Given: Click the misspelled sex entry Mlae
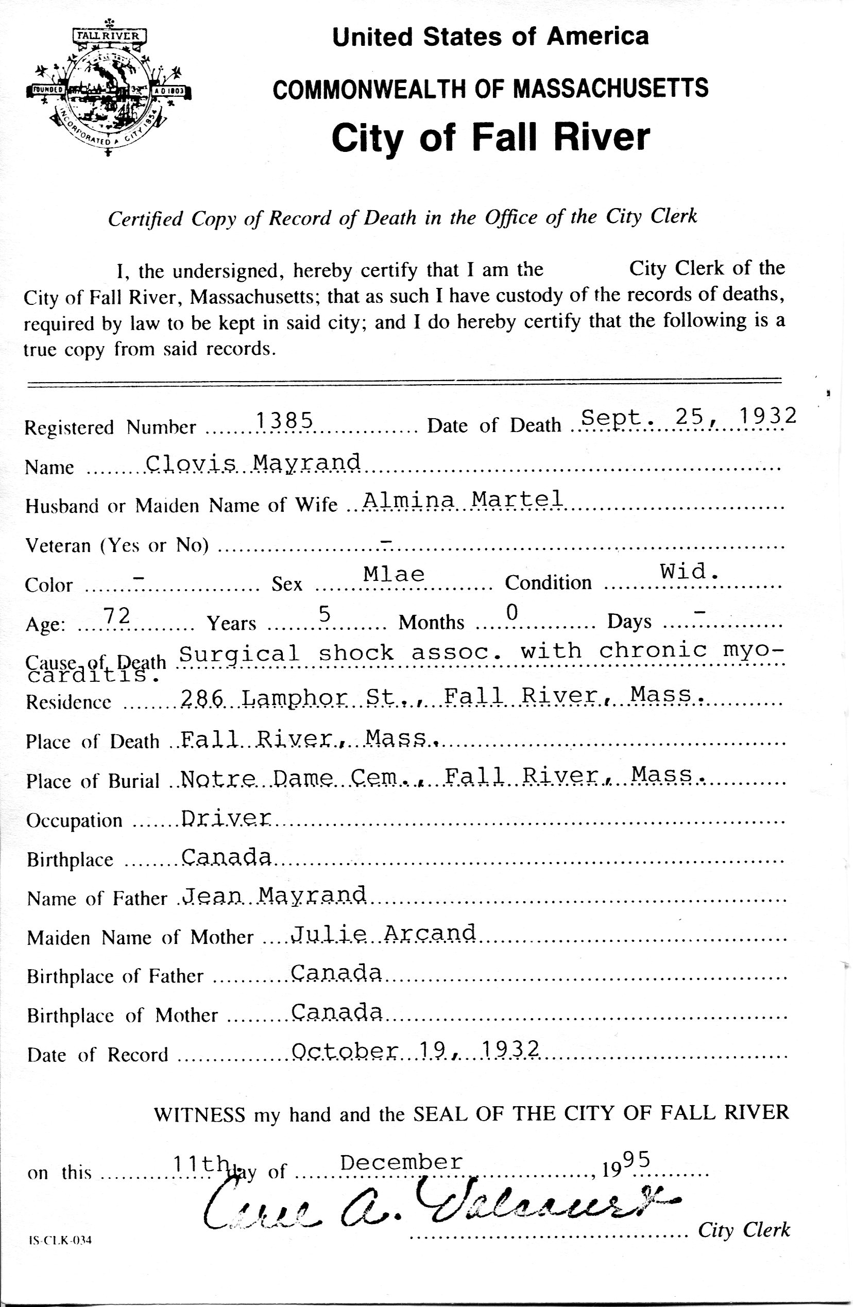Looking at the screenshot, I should tap(394, 574).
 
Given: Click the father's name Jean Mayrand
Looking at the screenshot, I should tap(274, 895).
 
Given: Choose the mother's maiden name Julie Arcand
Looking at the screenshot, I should tap(383, 934).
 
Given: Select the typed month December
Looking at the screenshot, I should tap(401, 1162).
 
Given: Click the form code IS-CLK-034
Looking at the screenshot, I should tap(60, 1240).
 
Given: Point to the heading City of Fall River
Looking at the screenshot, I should tap(490, 137).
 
